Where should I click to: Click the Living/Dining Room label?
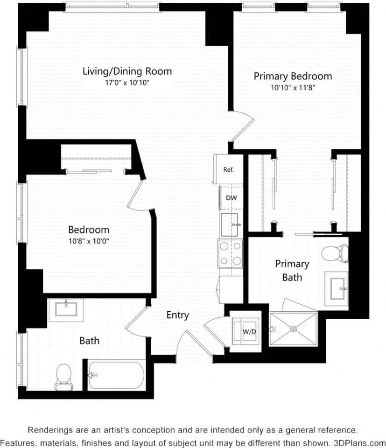[127, 71]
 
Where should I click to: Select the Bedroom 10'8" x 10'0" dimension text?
[89, 241]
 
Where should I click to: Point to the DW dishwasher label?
[232, 198]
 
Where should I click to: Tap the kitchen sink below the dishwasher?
[232, 225]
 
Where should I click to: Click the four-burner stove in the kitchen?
[230, 253]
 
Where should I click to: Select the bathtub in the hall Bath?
[117, 375]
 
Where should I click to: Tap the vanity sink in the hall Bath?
[66, 308]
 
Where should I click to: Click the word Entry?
[178, 315]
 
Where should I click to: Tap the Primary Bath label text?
[292, 271]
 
